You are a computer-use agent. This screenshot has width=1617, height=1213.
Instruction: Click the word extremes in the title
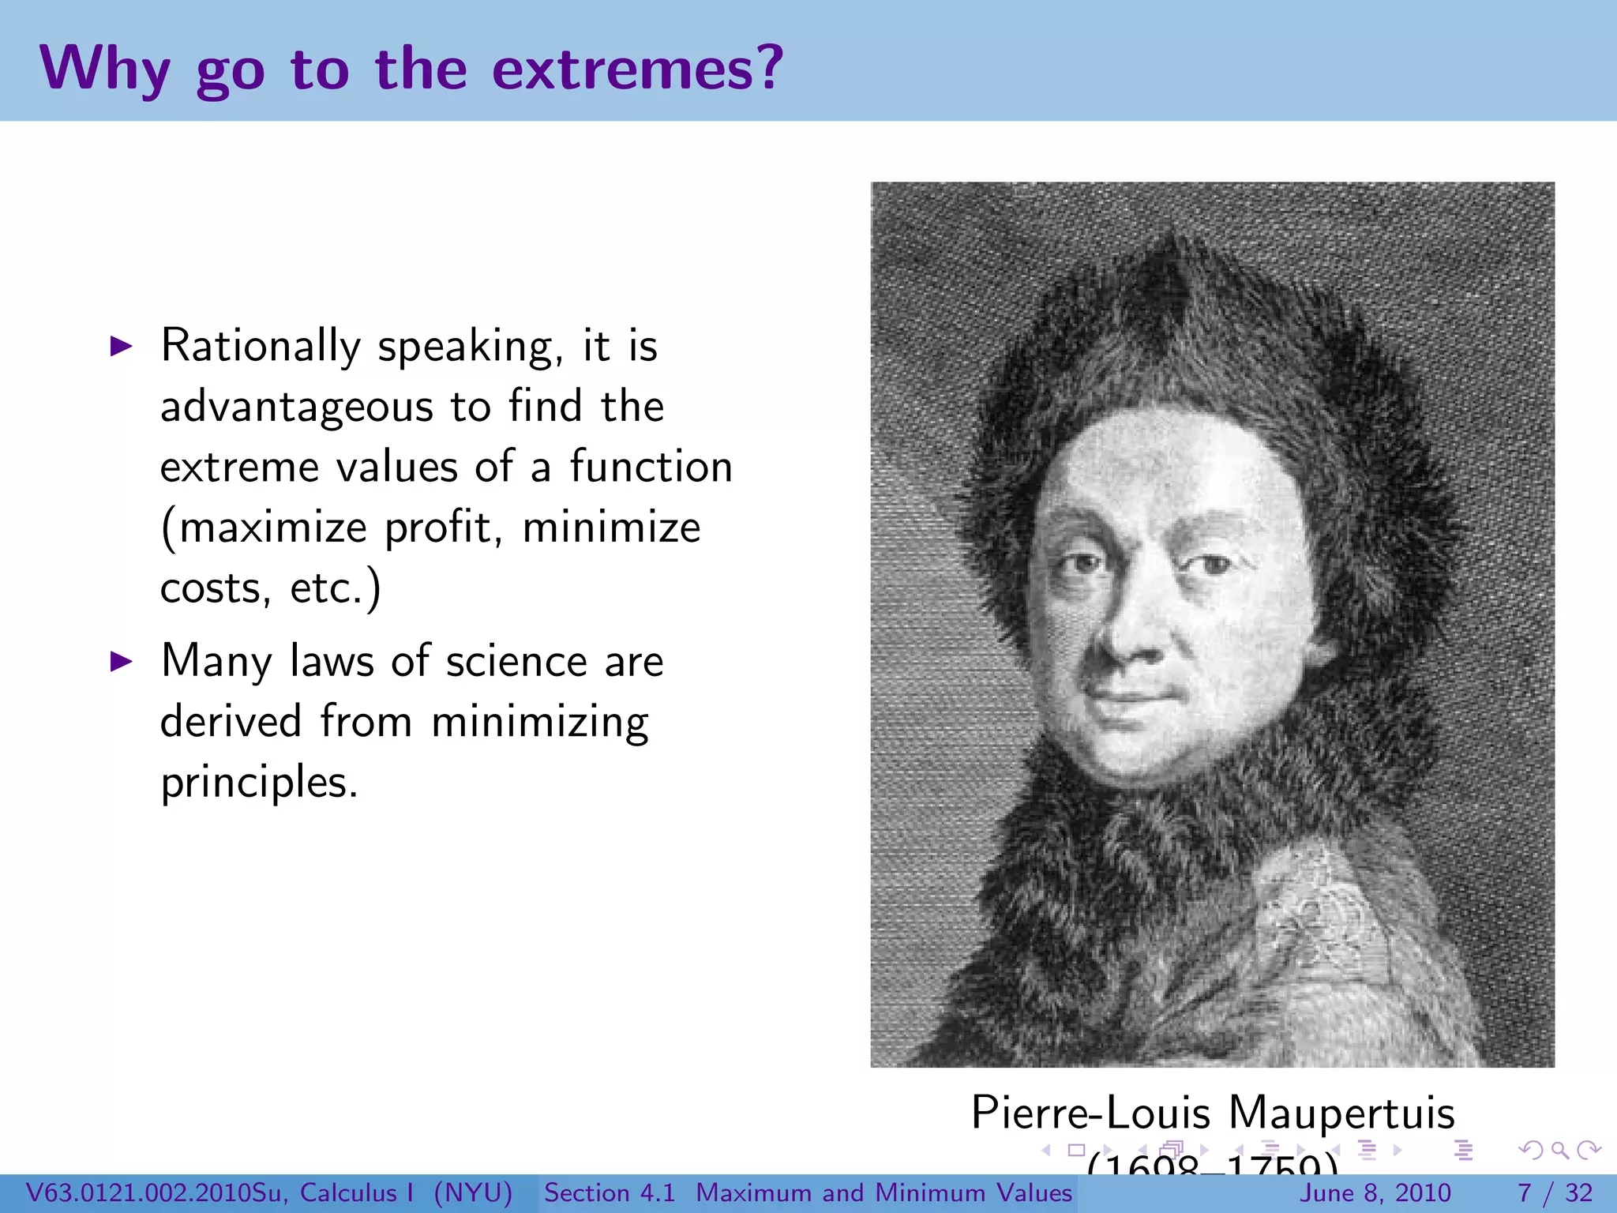(x=638, y=69)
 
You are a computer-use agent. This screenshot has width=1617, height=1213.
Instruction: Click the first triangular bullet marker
(x=121, y=346)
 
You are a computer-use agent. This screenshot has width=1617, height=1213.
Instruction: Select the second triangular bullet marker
(x=121, y=661)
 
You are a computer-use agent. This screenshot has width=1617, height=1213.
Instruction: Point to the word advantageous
(x=296, y=407)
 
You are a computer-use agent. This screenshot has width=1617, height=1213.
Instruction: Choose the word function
(x=651, y=467)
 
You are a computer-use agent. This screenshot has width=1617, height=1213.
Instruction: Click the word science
(x=516, y=662)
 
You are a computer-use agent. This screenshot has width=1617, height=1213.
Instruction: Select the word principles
(x=259, y=783)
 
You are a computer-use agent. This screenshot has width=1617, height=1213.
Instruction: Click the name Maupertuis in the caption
(x=1341, y=1113)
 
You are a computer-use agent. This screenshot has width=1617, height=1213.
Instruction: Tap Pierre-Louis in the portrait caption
(x=1090, y=1113)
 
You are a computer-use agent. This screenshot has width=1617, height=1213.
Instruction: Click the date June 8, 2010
(x=1375, y=1193)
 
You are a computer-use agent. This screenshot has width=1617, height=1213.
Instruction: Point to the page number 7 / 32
(x=1555, y=1193)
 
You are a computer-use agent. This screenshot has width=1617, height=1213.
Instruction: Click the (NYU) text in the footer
(x=473, y=1193)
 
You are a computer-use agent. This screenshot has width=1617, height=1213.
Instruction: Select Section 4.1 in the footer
(x=610, y=1193)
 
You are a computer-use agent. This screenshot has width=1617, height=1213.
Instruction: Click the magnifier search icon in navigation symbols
(x=1559, y=1151)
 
